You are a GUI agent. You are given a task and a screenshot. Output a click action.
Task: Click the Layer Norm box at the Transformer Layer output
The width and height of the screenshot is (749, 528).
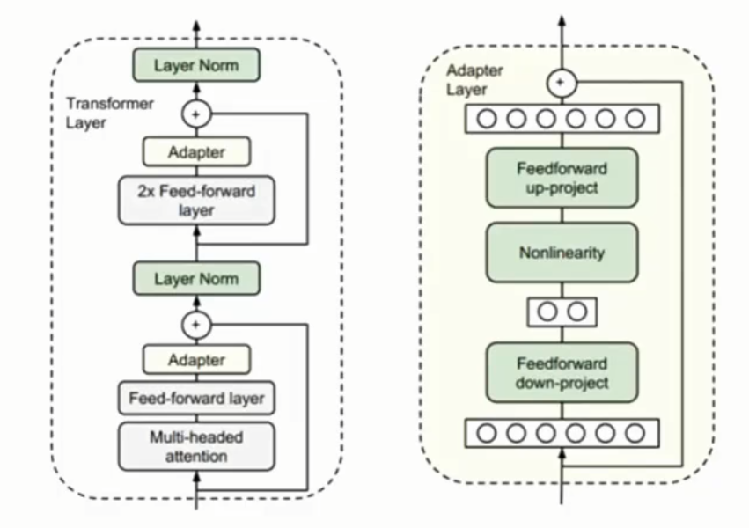point(196,65)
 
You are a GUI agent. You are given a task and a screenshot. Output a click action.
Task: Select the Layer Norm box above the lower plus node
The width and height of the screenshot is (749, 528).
point(196,279)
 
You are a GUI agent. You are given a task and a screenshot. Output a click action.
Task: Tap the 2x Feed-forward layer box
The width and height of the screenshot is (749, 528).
point(196,201)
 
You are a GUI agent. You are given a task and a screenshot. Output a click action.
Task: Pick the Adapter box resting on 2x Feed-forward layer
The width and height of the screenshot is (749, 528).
point(196,152)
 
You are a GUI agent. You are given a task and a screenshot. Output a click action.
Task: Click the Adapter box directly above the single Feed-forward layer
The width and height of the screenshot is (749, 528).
point(196,360)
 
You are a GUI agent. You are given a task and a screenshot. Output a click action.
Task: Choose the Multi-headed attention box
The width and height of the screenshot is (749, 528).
point(196,445)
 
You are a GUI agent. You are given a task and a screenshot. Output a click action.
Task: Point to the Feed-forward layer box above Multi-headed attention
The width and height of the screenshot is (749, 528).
point(196,399)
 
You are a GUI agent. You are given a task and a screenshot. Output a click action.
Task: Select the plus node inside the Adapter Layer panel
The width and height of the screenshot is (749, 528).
point(562,84)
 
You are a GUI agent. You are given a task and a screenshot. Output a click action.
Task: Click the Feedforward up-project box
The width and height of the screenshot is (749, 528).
point(562,179)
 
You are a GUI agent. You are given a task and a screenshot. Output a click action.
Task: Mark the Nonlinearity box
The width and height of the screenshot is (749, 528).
point(562,253)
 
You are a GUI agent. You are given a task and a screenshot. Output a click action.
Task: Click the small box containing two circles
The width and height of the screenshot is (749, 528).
point(562,312)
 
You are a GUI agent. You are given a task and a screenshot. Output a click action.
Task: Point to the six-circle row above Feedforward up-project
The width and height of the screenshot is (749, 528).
point(562,118)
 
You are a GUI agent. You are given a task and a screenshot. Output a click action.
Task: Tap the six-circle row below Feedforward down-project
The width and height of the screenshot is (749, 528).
point(562,433)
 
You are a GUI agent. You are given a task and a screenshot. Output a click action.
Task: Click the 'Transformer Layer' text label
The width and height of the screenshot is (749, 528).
point(98,114)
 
